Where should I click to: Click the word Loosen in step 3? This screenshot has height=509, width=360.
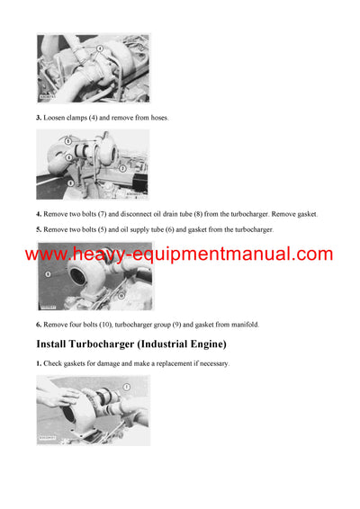[55, 118]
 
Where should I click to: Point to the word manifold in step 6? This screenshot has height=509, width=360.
[242, 324]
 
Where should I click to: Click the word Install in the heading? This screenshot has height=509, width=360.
[57, 344]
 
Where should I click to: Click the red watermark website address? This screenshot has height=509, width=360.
[179, 254]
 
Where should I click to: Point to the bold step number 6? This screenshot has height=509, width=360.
[39, 324]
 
